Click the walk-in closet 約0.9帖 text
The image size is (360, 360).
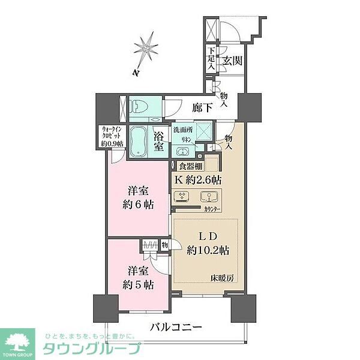[x=111, y=143]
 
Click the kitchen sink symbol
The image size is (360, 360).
[x=209, y=197]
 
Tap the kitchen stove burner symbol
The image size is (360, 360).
[x=182, y=197]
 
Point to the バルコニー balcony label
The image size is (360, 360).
[x=173, y=328]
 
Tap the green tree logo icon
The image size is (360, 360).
[x=19, y=340]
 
